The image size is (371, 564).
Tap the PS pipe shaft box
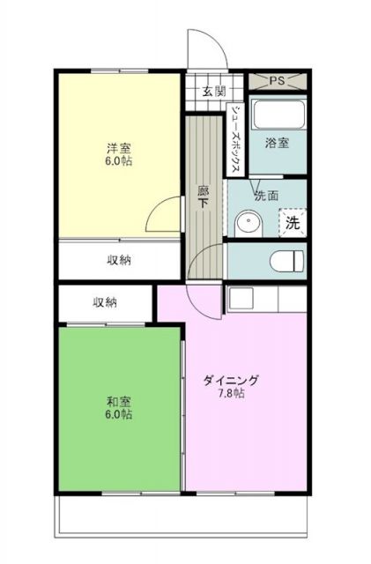(276, 79)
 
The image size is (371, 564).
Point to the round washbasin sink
(247, 224)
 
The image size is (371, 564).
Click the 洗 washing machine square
(293, 222)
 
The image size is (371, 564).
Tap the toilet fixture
(286, 260)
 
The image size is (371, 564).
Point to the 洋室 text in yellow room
(121, 149)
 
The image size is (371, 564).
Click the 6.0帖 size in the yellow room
(121, 163)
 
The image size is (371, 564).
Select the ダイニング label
(231, 381)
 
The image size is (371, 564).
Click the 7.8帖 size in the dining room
(231, 394)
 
